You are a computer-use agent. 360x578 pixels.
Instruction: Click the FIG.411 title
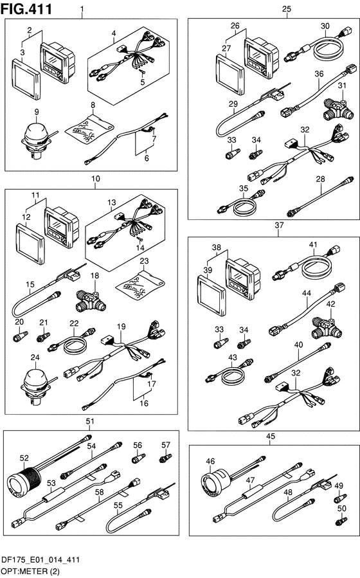click(26, 9)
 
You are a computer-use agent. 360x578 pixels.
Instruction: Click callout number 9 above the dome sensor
click(37, 111)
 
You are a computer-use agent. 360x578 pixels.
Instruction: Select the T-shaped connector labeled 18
click(91, 300)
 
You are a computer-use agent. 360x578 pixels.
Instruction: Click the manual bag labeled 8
click(89, 129)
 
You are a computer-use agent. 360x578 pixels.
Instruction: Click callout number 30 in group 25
click(325, 26)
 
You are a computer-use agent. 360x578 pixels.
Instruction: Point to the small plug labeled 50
click(341, 521)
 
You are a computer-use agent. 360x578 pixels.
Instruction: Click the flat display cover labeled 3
click(26, 78)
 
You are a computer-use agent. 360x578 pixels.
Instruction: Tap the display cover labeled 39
click(212, 295)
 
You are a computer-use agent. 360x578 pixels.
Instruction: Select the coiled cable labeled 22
click(72, 341)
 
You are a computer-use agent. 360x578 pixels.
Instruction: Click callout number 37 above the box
click(279, 225)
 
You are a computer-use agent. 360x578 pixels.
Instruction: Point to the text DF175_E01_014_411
click(40, 560)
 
